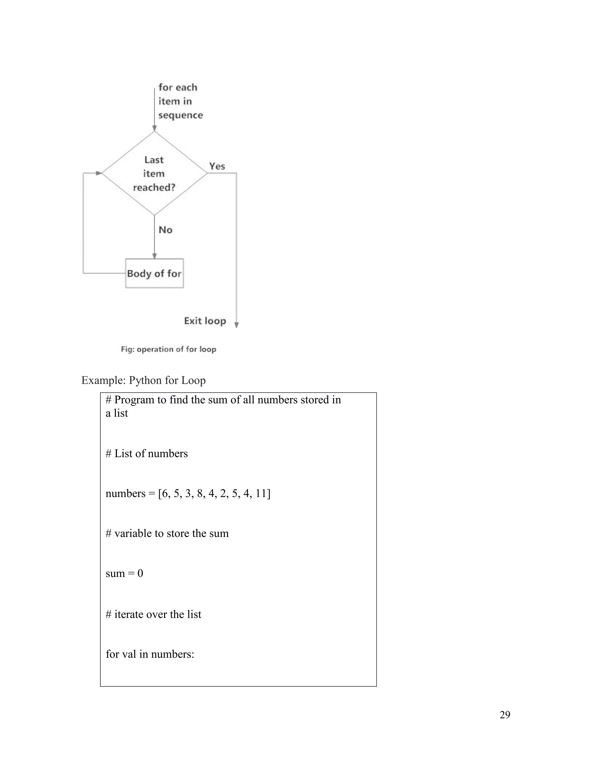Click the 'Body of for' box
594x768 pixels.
154,273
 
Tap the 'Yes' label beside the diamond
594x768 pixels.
217,166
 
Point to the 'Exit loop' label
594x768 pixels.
205,321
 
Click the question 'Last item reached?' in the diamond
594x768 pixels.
154,173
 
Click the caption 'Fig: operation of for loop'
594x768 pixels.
168,349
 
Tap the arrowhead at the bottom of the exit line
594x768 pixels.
236,325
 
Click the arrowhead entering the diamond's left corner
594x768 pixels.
99,173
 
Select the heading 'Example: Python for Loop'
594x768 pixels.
143,380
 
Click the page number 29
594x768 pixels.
505,715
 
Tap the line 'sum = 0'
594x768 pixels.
124,574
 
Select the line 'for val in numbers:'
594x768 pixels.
150,654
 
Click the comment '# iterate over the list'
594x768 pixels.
153,614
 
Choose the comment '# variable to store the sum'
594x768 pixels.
167,534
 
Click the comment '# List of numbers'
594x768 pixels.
147,453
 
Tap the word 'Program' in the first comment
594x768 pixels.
134,400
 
